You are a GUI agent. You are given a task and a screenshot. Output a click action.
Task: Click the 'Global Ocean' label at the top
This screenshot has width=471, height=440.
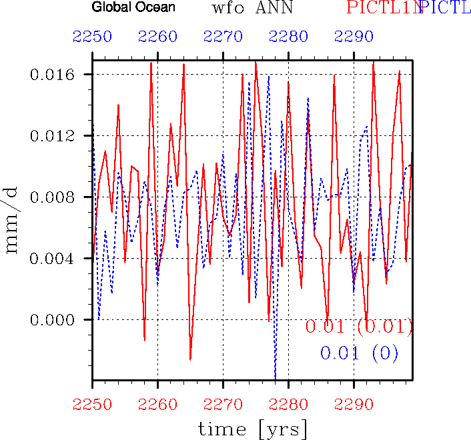[133, 8]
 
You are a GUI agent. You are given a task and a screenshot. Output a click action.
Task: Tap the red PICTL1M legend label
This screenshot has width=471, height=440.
[384, 9]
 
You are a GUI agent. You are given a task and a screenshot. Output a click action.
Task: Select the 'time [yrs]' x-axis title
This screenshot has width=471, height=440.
[252, 427]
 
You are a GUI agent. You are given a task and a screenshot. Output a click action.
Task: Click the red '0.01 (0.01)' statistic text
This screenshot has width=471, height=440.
[359, 327]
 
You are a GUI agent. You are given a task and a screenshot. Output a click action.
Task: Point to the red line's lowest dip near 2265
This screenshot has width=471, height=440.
[190, 359]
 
